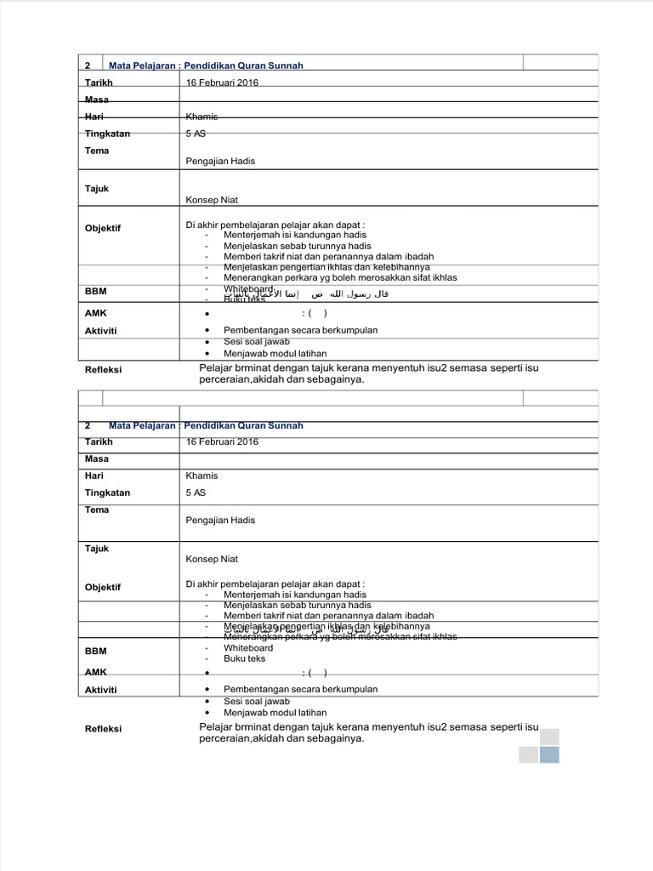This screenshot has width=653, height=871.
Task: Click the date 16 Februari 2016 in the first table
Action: (x=222, y=83)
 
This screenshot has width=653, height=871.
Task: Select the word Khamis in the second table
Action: (x=202, y=475)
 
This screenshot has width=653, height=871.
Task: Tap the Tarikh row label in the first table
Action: (x=99, y=83)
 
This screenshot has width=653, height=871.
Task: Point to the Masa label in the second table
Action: (x=97, y=458)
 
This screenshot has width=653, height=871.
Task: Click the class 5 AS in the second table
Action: (x=196, y=492)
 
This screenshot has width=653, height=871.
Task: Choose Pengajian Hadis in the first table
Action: (x=220, y=161)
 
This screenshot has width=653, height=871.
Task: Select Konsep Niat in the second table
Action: (x=212, y=559)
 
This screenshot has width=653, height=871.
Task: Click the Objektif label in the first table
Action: (x=103, y=228)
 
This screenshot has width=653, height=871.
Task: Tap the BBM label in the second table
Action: (x=95, y=651)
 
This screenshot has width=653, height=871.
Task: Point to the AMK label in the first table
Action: (x=95, y=313)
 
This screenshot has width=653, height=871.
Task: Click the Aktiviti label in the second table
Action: (x=100, y=689)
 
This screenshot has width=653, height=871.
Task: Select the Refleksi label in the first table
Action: (x=103, y=369)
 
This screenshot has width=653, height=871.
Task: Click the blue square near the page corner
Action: (x=549, y=754)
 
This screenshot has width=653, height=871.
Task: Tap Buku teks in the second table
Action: (x=244, y=658)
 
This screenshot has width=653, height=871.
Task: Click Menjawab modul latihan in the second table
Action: (x=275, y=713)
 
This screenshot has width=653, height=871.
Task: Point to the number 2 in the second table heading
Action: (x=88, y=425)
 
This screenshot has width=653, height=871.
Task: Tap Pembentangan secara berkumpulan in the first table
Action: (x=300, y=330)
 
